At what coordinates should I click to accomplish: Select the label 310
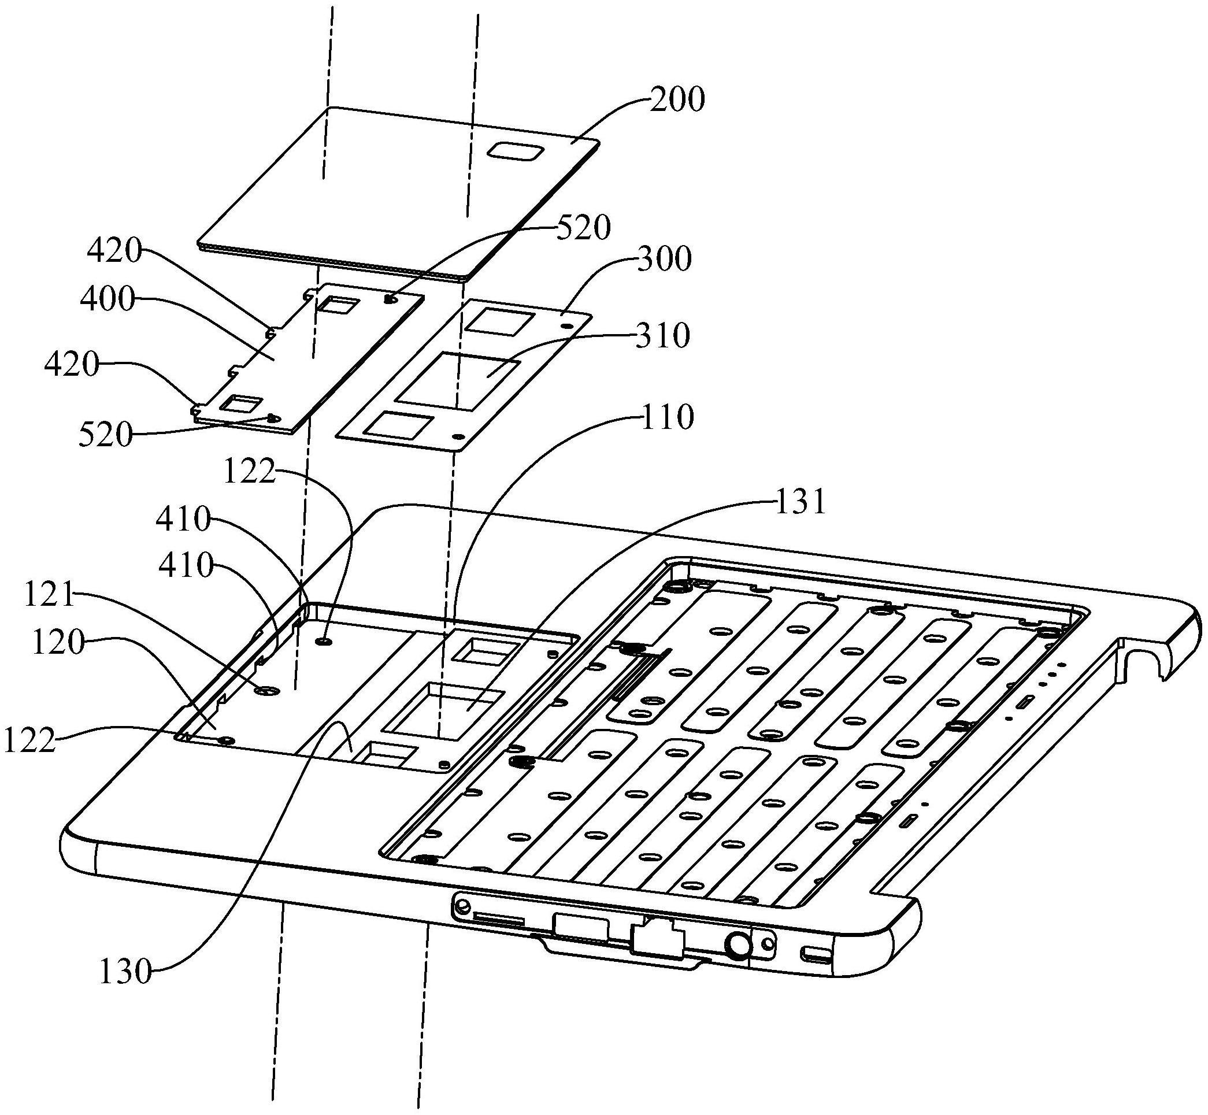[662, 336]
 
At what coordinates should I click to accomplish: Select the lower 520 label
[106, 435]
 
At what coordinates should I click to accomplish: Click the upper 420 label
[115, 250]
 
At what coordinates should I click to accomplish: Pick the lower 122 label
[30, 740]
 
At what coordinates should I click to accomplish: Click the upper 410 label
[183, 519]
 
